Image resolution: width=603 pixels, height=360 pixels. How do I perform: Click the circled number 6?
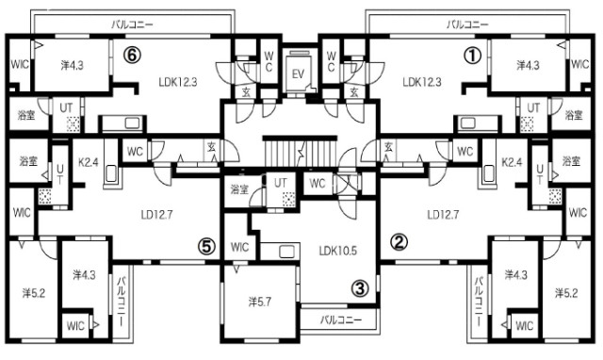click(132, 56)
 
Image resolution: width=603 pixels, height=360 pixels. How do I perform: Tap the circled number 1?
click(473, 57)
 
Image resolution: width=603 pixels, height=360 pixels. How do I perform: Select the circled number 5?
click(207, 247)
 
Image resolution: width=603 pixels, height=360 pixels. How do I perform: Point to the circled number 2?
click(399, 242)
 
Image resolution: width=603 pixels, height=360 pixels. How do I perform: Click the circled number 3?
click(360, 288)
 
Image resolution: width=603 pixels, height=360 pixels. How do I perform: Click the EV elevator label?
click(298, 74)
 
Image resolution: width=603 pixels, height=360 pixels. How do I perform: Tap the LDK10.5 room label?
click(338, 251)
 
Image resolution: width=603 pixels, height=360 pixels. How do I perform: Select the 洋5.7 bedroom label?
click(260, 302)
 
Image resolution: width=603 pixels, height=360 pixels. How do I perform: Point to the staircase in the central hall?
click(300, 152)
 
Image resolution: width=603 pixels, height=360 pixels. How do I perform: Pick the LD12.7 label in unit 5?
click(156, 215)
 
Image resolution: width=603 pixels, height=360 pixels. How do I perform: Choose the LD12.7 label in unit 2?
click(443, 214)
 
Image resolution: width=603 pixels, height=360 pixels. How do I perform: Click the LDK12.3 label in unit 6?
click(178, 82)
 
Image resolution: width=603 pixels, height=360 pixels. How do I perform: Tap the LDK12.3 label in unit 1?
click(422, 82)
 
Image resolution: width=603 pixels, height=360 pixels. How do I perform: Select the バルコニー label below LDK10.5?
click(341, 319)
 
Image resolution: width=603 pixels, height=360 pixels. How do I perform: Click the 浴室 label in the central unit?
click(239, 189)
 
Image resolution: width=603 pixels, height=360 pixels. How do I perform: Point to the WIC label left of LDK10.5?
click(239, 247)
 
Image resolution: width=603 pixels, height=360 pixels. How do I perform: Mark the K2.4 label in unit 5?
click(89, 162)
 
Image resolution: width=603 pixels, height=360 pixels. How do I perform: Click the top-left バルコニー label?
click(132, 25)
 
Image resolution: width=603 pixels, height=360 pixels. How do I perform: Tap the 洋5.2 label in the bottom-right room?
click(566, 293)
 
